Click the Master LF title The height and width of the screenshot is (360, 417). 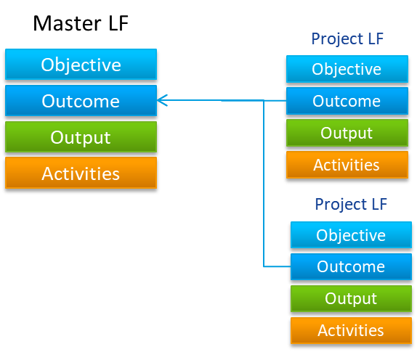click(x=81, y=23)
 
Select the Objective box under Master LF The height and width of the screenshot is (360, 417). click(x=81, y=65)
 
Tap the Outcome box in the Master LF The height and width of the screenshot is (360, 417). click(x=81, y=101)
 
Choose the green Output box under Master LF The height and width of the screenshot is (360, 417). click(x=81, y=137)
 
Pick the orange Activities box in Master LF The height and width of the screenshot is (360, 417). click(x=81, y=173)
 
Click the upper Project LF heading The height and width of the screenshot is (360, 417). click(x=347, y=39)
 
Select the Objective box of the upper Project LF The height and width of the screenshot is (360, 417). click(x=347, y=69)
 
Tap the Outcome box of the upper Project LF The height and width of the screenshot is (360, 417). click(x=347, y=101)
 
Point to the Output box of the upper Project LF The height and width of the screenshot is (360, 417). click(x=347, y=133)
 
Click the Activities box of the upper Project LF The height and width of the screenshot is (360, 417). click(x=347, y=165)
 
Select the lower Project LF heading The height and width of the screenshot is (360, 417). click(x=351, y=205)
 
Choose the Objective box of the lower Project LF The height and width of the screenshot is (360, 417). click(x=351, y=235)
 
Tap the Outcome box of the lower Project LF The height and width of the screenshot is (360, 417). click(x=351, y=267)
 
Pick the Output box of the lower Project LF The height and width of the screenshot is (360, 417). click(x=351, y=298)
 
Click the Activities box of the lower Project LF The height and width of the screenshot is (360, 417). click(x=351, y=330)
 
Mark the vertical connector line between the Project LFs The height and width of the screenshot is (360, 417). click(x=264, y=184)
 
